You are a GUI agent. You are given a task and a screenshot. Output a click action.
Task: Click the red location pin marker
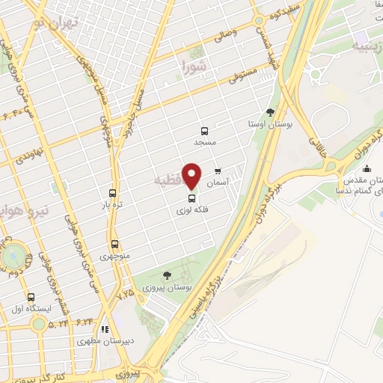[192, 176]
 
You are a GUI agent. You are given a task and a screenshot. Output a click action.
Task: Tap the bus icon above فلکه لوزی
[192, 199]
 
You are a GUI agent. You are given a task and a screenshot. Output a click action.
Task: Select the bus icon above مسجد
[204, 131]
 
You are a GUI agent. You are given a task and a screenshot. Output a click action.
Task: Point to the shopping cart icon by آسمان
[218, 171]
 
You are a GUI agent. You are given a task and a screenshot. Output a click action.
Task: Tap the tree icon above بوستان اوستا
[270, 112]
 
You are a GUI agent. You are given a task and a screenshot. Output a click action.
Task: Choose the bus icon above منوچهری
[114, 244]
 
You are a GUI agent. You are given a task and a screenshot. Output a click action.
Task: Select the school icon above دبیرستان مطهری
[105, 328]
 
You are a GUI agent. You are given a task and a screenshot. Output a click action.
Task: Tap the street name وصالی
[225, 34]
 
